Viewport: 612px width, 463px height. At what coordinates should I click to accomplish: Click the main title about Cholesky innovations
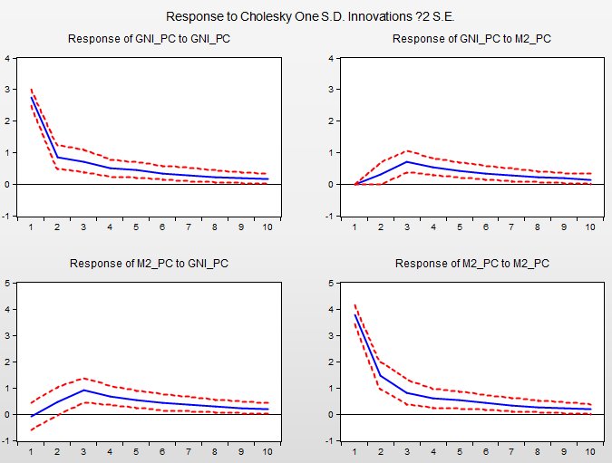[x=305, y=16]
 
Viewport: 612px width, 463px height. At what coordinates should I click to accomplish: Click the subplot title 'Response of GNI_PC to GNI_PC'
[x=148, y=39]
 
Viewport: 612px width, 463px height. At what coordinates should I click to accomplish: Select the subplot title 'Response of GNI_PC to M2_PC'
[x=471, y=39]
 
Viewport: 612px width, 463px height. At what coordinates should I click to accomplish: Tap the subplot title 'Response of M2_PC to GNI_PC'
[x=148, y=264]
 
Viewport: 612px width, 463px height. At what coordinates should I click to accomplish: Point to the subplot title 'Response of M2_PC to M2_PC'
[x=471, y=264]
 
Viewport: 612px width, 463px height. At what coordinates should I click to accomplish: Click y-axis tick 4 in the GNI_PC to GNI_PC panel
[x=8, y=59]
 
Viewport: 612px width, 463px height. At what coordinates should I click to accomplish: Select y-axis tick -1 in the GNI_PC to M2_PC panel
[x=333, y=216]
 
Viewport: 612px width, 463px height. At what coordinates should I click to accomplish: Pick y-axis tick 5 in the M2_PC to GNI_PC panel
[x=8, y=283]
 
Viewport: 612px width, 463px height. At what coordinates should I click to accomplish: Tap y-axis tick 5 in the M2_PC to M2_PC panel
[x=333, y=283]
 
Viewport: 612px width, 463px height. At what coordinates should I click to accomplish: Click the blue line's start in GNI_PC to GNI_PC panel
[x=32, y=97]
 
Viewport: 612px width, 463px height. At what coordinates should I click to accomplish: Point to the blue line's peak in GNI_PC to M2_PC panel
[x=408, y=161]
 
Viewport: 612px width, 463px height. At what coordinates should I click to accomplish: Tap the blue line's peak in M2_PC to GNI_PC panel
[x=83, y=390]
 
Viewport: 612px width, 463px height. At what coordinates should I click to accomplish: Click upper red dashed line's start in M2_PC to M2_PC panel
[x=355, y=304]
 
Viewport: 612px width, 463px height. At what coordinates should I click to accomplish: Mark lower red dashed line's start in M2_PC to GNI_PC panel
[x=32, y=430]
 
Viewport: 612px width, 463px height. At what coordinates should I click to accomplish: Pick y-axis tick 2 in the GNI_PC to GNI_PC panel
[x=8, y=121]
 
